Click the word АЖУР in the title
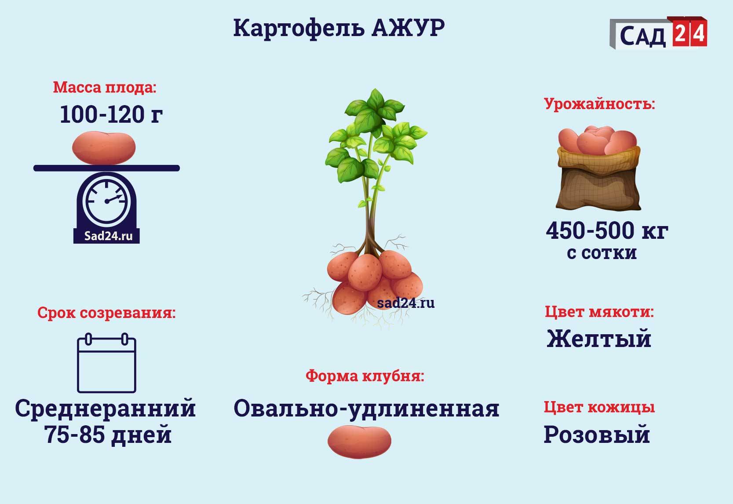[408, 28]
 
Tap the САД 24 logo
[658, 33]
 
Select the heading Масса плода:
[105, 88]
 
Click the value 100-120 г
[111, 114]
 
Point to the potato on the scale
[104, 148]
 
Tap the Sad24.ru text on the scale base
[108, 236]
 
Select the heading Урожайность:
[599, 104]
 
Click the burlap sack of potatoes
[598, 168]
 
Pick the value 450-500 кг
[607, 231]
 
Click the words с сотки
[602, 253]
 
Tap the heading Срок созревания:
[106, 313]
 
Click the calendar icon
[107, 363]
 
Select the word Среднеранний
[106, 409]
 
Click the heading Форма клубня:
[365, 376]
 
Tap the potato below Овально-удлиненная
[359, 442]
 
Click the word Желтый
[599, 338]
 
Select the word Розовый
[597, 435]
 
